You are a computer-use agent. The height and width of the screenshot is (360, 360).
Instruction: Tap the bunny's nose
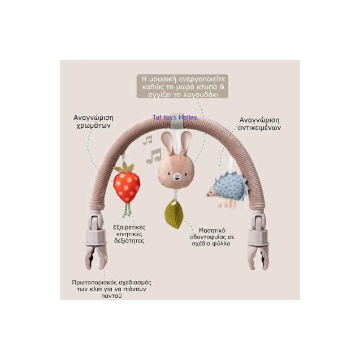click(x=177, y=177)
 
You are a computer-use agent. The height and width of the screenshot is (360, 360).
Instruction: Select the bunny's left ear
click(x=167, y=143)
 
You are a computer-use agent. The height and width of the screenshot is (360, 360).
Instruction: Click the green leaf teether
click(x=174, y=214)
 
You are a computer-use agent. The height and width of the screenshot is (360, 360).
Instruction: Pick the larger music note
click(x=154, y=156)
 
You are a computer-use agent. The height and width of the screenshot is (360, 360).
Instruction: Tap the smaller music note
click(x=147, y=140)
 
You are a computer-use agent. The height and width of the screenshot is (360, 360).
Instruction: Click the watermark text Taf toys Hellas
click(x=175, y=118)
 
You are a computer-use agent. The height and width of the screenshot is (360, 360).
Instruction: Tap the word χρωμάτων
click(x=93, y=125)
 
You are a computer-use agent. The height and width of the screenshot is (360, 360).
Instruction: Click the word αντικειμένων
click(x=259, y=128)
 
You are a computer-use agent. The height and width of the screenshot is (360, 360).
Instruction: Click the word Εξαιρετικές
click(x=129, y=228)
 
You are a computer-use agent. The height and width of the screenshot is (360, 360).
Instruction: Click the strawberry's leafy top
click(x=124, y=167)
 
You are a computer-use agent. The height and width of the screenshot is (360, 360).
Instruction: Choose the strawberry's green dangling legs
click(x=127, y=210)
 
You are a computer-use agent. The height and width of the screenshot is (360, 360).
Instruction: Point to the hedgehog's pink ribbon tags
click(x=227, y=203)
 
